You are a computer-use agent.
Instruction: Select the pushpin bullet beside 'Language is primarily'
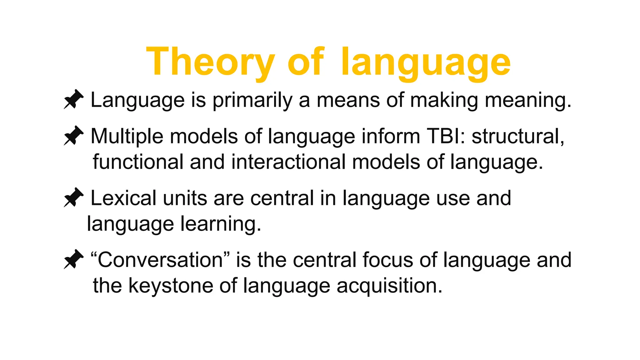pyautogui.click(x=74, y=99)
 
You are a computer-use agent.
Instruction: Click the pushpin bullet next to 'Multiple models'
pyautogui.click(x=74, y=136)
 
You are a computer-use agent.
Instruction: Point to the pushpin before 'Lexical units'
pyautogui.click(x=74, y=197)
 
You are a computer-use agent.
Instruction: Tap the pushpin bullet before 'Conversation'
pyautogui.click(x=74, y=259)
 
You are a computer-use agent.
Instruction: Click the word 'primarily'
pyautogui.click(x=252, y=101)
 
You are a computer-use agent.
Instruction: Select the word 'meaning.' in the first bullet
pyautogui.click(x=528, y=101)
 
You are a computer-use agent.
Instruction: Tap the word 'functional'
pyautogui.click(x=138, y=162)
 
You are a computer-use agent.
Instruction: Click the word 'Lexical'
pyautogui.click(x=123, y=198)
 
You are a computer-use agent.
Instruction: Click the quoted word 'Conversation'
pyautogui.click(x=160, y=260)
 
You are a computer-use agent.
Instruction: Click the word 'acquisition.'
pyautogui.click(x=390, y=286)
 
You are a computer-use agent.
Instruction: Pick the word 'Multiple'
pyautogui.click(x=127, y=136)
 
